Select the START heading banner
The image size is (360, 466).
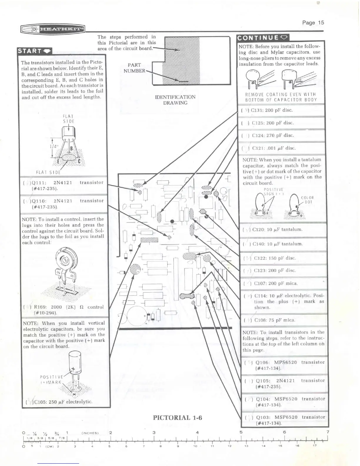pos(34,51)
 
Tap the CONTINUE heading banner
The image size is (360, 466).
pos(263,38)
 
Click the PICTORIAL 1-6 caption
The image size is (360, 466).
pos(177,417)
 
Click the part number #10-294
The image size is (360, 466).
pos(45,313)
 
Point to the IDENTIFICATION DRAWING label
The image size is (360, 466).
pos(175,100)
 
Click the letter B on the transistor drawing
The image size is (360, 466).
pos(71,149)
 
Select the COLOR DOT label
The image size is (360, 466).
pos(307,200)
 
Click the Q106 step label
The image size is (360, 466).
pos(263,362)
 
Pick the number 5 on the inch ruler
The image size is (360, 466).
pos(241,432)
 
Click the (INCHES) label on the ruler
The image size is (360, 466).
pos(90,433)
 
